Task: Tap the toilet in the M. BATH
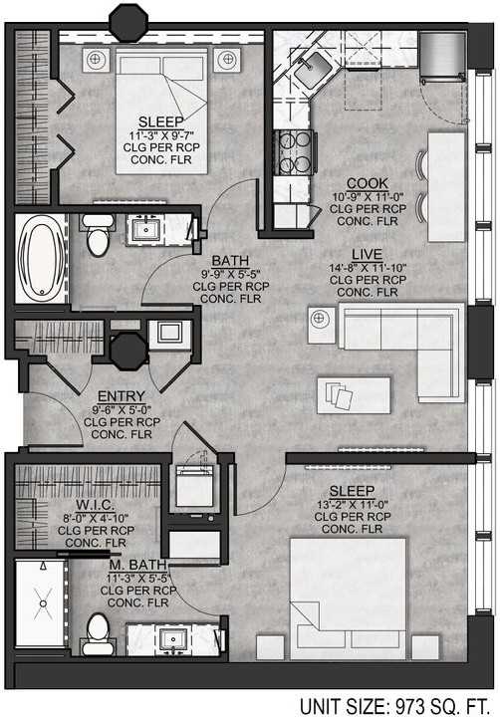(97, 633)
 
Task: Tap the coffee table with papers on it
(353, 394)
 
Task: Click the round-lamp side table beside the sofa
(320, 322)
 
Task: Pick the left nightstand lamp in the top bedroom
(96, 59)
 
